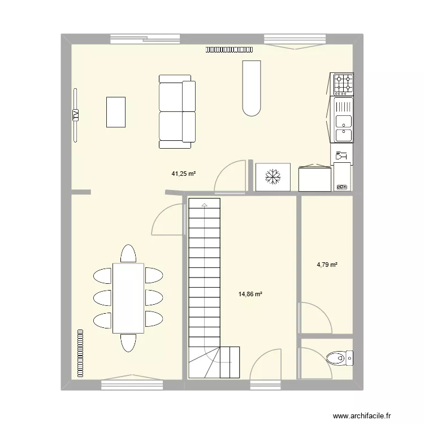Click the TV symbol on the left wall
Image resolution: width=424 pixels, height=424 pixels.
75,114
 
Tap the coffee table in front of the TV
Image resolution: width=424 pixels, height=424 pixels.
115,112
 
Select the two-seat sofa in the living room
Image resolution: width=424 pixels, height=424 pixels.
177,111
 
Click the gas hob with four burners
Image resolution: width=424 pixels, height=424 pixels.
343,84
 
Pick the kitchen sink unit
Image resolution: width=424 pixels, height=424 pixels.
343,120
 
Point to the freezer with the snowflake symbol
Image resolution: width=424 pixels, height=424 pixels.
274,178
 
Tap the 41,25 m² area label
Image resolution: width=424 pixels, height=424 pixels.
184,174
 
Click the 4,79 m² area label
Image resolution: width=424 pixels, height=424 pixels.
327,264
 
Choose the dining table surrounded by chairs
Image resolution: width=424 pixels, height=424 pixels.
128,298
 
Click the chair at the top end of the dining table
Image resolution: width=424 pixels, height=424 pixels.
128,254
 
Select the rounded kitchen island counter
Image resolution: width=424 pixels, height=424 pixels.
252,88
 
